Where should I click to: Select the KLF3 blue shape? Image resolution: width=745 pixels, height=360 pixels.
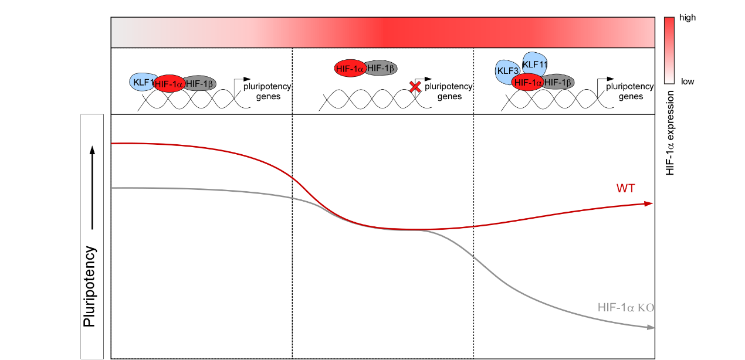coord(505,71)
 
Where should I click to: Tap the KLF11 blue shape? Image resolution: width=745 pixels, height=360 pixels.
coord(534,63)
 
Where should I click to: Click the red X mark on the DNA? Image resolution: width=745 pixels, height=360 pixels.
coord(415,87)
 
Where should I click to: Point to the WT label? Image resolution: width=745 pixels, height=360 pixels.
coord(625,188)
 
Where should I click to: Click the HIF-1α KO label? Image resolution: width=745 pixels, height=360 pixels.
coord(625,307)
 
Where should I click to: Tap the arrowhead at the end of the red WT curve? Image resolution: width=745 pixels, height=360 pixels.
coord(648,203)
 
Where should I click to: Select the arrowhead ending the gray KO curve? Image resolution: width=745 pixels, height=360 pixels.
coord(650,328)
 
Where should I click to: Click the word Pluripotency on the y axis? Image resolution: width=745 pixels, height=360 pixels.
coord(90,286)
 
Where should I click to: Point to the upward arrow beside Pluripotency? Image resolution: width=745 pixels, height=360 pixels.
coord(92,188)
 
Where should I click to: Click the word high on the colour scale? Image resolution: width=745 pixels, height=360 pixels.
coord(687,18)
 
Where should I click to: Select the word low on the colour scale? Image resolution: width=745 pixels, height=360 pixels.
coord(687,81)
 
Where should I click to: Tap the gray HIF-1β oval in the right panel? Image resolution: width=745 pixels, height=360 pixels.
coord(558,82)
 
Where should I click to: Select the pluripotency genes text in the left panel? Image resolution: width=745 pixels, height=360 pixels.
coord(267,91)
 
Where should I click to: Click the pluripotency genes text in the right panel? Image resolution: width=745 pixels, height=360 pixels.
coord(630,91)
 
